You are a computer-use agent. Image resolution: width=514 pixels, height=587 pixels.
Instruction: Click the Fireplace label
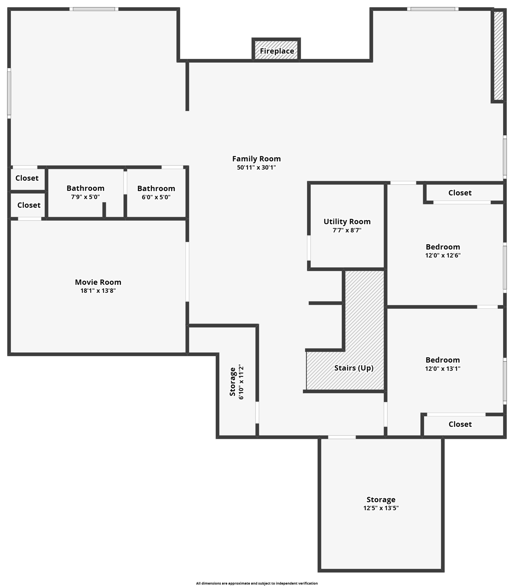coord(277,51)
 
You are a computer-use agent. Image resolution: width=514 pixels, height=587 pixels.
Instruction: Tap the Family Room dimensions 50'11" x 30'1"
coord(256,167)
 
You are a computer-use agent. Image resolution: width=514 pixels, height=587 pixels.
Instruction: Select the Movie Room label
coord(98,282)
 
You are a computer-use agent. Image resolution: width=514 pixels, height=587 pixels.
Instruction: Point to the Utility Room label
coord(347,222)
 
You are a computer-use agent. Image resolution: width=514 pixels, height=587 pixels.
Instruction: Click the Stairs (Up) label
coord(354,368)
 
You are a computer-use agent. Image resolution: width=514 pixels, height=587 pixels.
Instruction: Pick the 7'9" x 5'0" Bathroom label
coord(86,188)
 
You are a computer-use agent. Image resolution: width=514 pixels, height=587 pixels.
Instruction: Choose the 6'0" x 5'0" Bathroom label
coord(156,188)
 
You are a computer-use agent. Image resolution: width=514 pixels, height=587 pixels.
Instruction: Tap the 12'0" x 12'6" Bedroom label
coord(443,247)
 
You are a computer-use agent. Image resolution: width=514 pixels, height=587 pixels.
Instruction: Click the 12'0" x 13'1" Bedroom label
coord(443,360)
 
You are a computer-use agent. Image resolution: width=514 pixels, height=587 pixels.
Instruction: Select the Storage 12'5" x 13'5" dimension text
coord(381,508)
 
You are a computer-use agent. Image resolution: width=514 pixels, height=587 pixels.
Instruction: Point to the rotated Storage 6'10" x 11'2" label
coord(237,382)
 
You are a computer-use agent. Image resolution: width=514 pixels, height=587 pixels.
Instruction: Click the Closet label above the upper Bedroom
coord(460,193)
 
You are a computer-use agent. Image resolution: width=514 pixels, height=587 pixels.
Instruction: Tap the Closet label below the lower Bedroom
coord(460,424)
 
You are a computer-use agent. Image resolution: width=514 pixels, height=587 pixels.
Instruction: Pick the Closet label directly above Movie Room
coord(29,205)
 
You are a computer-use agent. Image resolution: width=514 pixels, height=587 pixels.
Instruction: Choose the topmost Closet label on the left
coord(27,178)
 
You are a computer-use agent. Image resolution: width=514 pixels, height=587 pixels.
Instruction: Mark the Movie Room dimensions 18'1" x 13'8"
coord(98,290)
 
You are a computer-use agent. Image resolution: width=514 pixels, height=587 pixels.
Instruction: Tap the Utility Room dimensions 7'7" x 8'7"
coord(347,230)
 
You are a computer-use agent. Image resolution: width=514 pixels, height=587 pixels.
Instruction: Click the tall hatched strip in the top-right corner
coord(498,55)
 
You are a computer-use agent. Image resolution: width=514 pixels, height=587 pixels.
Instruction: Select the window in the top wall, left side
coord(94,9)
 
